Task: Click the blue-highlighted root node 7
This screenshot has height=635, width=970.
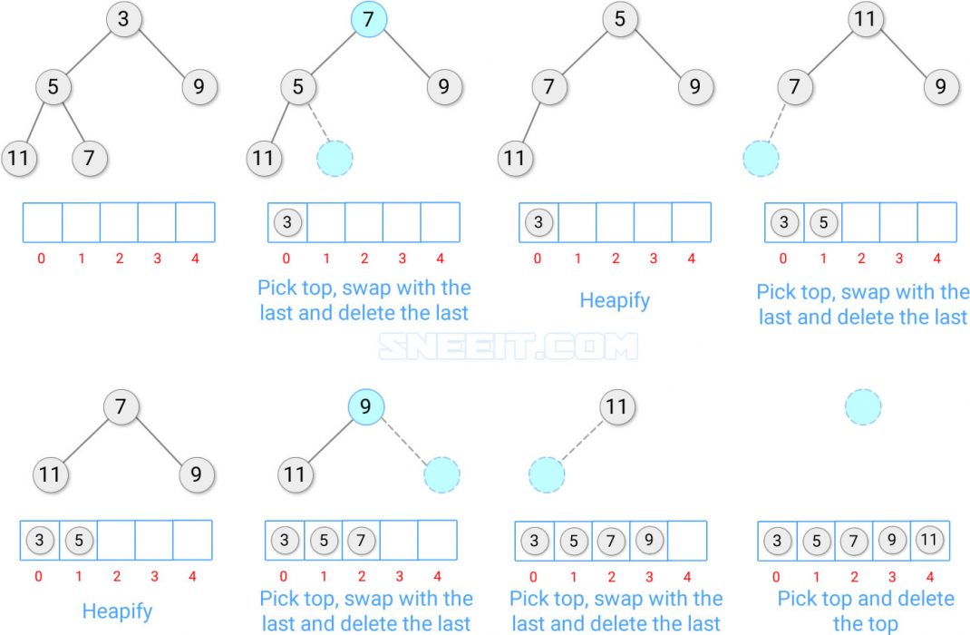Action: click(x=368, y=19)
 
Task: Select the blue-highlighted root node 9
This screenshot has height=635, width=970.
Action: click(x=365, y=407)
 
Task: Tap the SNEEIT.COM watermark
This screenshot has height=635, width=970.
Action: click(x=507, y=347)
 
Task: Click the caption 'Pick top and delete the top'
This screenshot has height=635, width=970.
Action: click(x=865, y=611)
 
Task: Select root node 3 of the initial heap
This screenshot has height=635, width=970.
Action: click(x=123, y=19)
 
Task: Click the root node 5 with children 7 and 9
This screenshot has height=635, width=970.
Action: click(x=619, y=19)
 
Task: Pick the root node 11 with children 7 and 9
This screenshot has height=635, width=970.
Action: click(x=867, y=19)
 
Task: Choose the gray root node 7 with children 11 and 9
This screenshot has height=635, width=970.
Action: click(x=121, y=407)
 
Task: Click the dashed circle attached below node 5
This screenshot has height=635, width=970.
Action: click(x=335, y=159)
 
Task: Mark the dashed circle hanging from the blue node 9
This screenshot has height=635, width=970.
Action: click(x=441, y=474)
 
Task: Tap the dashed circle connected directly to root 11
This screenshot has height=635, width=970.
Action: click(x=547, y=474)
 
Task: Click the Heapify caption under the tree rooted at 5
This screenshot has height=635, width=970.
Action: click(x=615, y=299)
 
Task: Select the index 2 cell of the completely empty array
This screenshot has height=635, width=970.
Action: click(x=119, y=222)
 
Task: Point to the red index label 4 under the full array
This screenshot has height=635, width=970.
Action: click(x=928, y=576)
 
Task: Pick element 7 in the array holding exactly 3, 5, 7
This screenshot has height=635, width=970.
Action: click(x=361, y=542)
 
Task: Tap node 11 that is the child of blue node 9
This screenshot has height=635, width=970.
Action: click(x=294, y=474)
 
